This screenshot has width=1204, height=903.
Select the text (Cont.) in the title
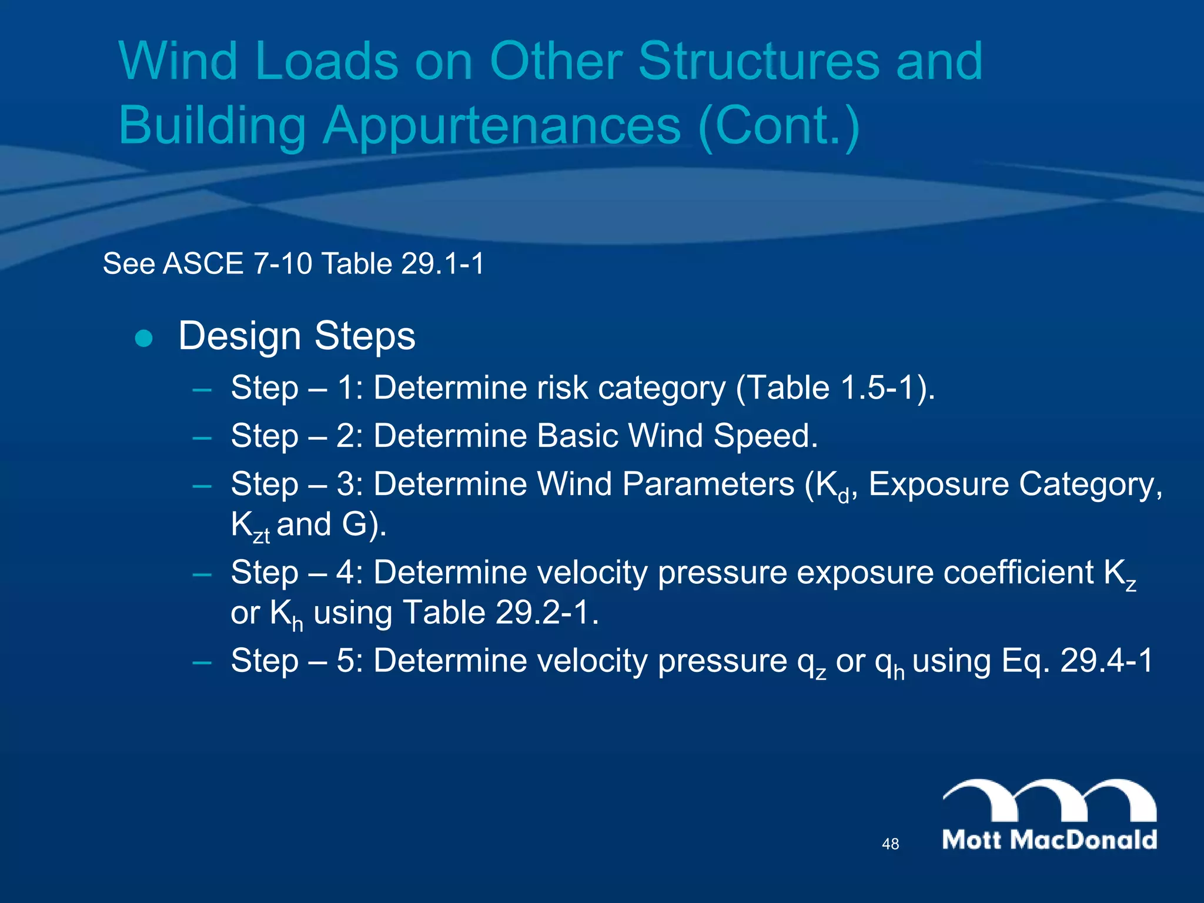pyautogui.click(x=779, y=126)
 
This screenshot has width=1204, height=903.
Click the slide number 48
pyautogui.click(x=890, y=844)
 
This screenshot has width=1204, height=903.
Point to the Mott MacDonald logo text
pyautogui.click(x=1049, y=840)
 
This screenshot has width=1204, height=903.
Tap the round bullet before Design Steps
pyautogui.click(x=144, y=339)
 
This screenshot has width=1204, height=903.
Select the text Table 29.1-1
pyautogui.click(x=403, y=263)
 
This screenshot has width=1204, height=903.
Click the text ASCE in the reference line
pyautogui.click(x=203, y=263)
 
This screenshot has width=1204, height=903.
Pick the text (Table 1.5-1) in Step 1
pyautogui.click(x=835, y=388)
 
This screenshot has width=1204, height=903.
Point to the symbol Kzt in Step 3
pyautogui.click(x=250, y=526)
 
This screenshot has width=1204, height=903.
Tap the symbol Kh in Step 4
pyautogui.click(x=286, y=615)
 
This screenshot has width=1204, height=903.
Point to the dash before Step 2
pyautogui.click(x=202, y=437)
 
